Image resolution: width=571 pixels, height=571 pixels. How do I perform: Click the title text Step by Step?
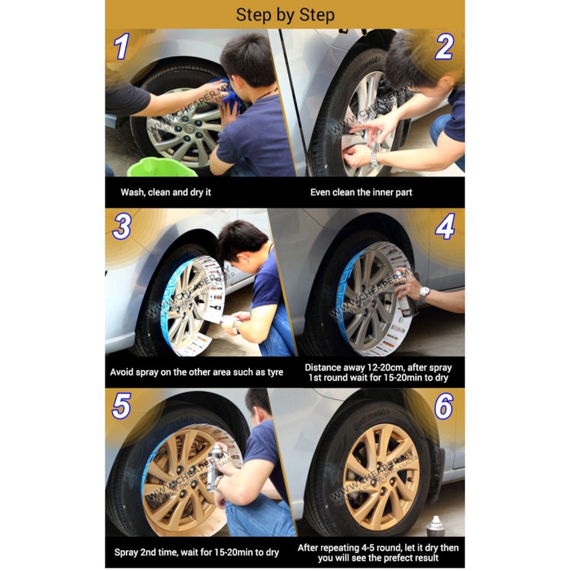click(285, 15)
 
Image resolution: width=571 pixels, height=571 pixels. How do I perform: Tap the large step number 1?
click(122, 46)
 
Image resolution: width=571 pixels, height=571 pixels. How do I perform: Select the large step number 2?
click(444, 47)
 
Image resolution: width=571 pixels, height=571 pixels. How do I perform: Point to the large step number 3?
click(122, 226)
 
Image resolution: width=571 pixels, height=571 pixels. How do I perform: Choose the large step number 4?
click(445, 226)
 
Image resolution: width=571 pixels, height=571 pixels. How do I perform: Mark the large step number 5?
click(121, 406)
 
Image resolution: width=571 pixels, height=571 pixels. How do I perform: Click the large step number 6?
click(444, 406)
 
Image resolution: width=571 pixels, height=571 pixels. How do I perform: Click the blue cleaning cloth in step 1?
click(229, 95)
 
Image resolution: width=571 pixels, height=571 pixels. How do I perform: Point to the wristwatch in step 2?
click(374, 158)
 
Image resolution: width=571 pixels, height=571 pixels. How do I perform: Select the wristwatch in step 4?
click(424, 293)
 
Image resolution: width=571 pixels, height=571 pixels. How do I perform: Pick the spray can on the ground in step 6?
click(435, 526)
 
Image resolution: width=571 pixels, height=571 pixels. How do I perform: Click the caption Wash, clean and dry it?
click(166, 192)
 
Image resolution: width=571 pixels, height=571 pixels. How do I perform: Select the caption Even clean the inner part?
click(361, 192)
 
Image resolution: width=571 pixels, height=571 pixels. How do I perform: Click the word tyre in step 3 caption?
click(273, 372)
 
